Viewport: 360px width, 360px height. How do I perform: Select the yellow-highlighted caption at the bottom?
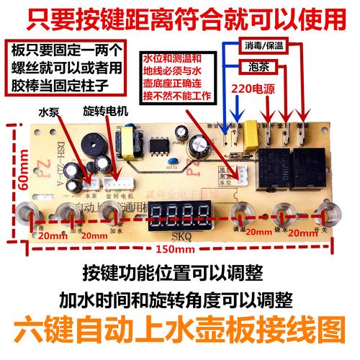180,335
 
